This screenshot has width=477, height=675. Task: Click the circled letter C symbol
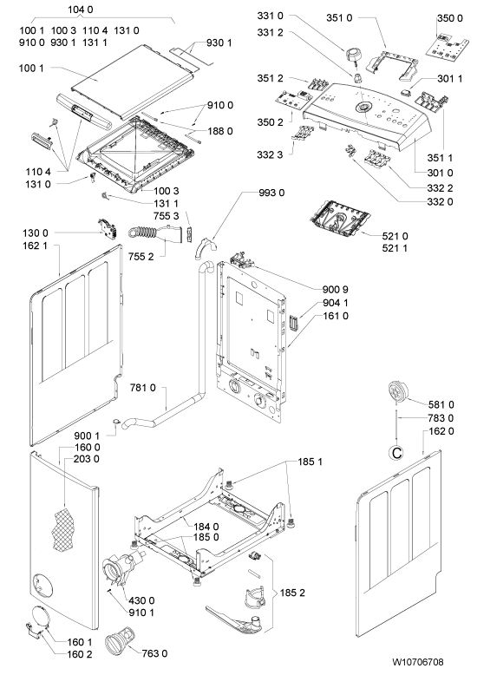click(x=395, y=452)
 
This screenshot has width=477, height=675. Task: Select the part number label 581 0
click(x=441, y=404)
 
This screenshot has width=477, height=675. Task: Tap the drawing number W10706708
click(x=417, y=662)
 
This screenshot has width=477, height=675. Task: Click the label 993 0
click(x=271, y=193)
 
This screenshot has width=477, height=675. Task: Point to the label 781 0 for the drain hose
click(x=143, y=388)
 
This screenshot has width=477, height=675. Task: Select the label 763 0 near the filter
click(x=154, y=653)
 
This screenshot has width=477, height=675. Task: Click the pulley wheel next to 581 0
click(x=396, y=392)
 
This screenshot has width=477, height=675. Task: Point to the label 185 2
click(x=292, y=593)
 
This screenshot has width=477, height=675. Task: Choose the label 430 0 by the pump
click(x=141, y=600)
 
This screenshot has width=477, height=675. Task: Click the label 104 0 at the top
click(x=81, y=10)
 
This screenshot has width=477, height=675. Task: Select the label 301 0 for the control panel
click(x=440, y=173)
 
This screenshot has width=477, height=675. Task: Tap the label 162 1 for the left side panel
click(x=36, y=246)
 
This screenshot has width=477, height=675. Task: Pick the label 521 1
click(x=395, y=248)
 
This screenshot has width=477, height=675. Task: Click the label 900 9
click(x=336, y=289)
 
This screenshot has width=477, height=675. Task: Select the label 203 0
click(x=87, y=459)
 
